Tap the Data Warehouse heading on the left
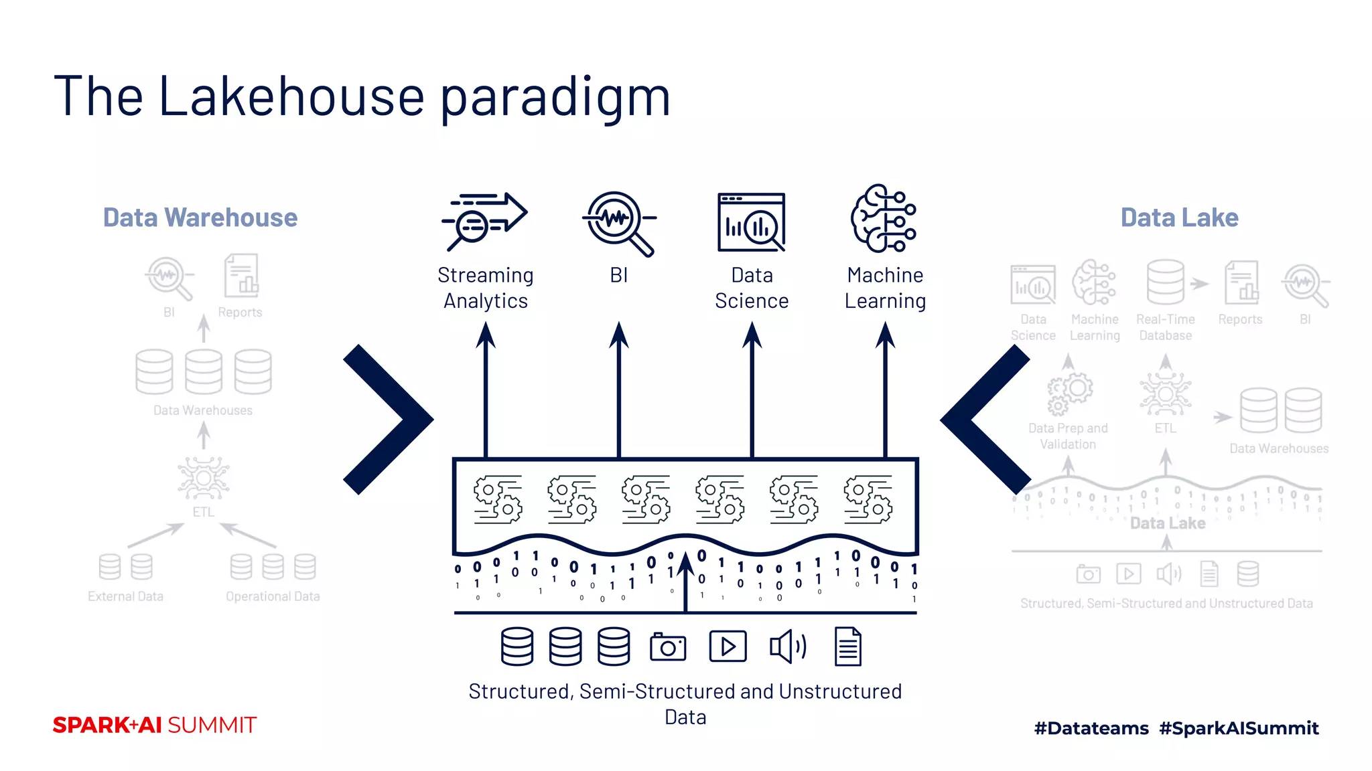coord(200,218)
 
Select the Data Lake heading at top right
coord(1179,218)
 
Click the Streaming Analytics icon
coord(484,221)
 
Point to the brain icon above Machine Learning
coord(884,219)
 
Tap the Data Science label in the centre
coord(752,288)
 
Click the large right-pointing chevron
coord(389,420)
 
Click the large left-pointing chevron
coord(985,420)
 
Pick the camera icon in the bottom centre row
coord(668,647)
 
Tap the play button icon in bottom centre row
coord(728,647)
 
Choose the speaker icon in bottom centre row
coord(788,647)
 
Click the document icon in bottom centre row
coord(847,647)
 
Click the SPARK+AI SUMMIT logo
coord(155,725)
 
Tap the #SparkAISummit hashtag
coord(1239,728)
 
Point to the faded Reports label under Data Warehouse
coord(240,313)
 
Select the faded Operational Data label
coord(273,596)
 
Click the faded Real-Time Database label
coord(1166,327)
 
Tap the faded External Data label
coord(125,596)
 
